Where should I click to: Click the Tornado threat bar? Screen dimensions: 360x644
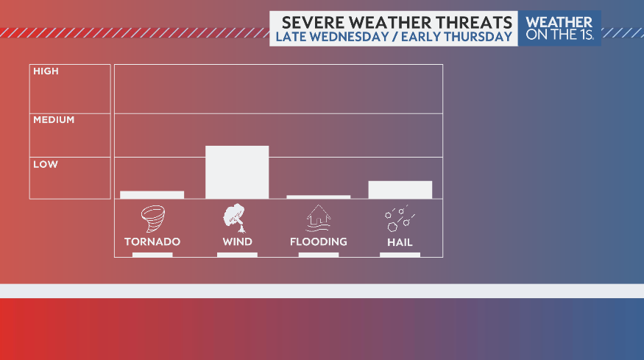152,194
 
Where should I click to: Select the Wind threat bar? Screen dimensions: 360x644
237,172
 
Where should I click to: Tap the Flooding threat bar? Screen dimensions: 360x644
318,197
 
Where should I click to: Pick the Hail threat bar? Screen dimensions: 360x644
400,189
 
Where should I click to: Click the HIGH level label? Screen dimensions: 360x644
46,71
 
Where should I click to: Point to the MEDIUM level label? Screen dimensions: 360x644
54,119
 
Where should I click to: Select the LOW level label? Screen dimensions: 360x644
45,164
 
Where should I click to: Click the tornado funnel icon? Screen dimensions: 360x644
152,219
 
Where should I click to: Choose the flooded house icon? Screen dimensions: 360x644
318,219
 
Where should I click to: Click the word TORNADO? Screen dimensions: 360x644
152,241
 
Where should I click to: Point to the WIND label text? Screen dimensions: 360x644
237,241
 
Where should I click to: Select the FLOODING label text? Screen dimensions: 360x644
318,241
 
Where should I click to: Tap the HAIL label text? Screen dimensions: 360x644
400,241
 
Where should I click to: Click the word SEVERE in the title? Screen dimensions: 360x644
309,22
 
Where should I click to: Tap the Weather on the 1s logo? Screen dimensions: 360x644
559,28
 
